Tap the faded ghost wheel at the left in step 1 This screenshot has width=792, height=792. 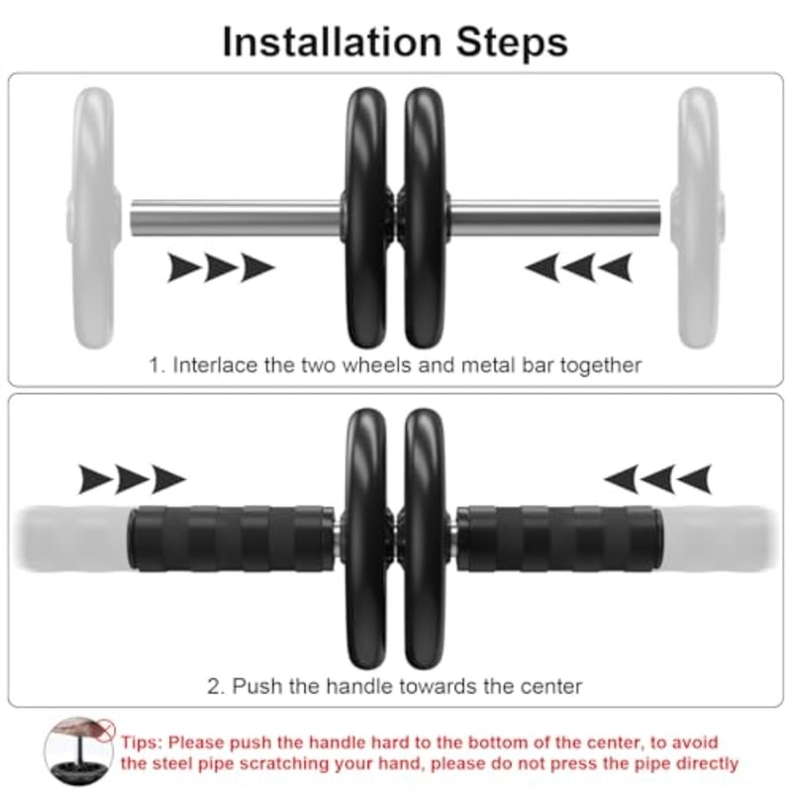94,218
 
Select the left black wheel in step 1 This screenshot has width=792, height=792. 368,218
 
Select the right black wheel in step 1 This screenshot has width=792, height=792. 424,218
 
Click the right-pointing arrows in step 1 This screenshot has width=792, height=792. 220,267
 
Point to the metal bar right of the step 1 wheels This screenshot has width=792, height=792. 554,218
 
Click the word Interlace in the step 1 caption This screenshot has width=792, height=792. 216,364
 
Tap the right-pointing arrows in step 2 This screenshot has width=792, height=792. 132,479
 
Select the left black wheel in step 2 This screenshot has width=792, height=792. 368,540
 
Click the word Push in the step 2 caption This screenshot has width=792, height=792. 254,685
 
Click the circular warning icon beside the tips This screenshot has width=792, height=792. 78,751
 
